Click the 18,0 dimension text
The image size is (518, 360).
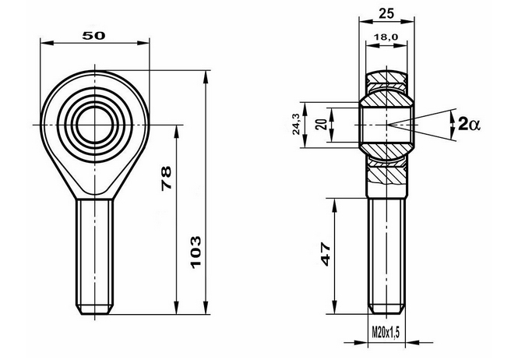coord(386,37)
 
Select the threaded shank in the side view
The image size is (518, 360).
coord(386,249)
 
